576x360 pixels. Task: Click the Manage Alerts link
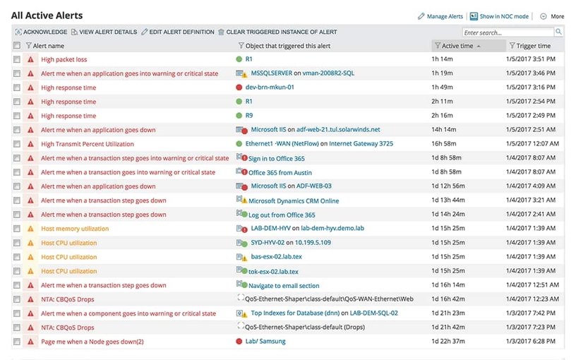coord(445,16)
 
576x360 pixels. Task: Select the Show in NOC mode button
coord(503,16)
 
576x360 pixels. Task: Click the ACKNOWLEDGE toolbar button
coord(44,32)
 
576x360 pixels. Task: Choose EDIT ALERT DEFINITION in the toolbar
coord(181,32)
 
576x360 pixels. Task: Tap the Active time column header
coord(457,46)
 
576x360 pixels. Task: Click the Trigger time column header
coord(533,46)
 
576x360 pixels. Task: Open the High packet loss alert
coord(64,59)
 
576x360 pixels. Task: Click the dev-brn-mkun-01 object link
coord(270,88)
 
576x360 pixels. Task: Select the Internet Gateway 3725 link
coord(361,144)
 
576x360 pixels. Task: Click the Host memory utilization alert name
coord(75,229)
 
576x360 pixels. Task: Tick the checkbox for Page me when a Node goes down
coord(17,342)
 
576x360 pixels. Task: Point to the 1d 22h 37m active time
coord(448,342)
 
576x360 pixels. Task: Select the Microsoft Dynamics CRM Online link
coord(294,201)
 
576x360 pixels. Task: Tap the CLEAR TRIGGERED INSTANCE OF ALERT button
coord(281,32)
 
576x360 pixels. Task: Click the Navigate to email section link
coord(284,286)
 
